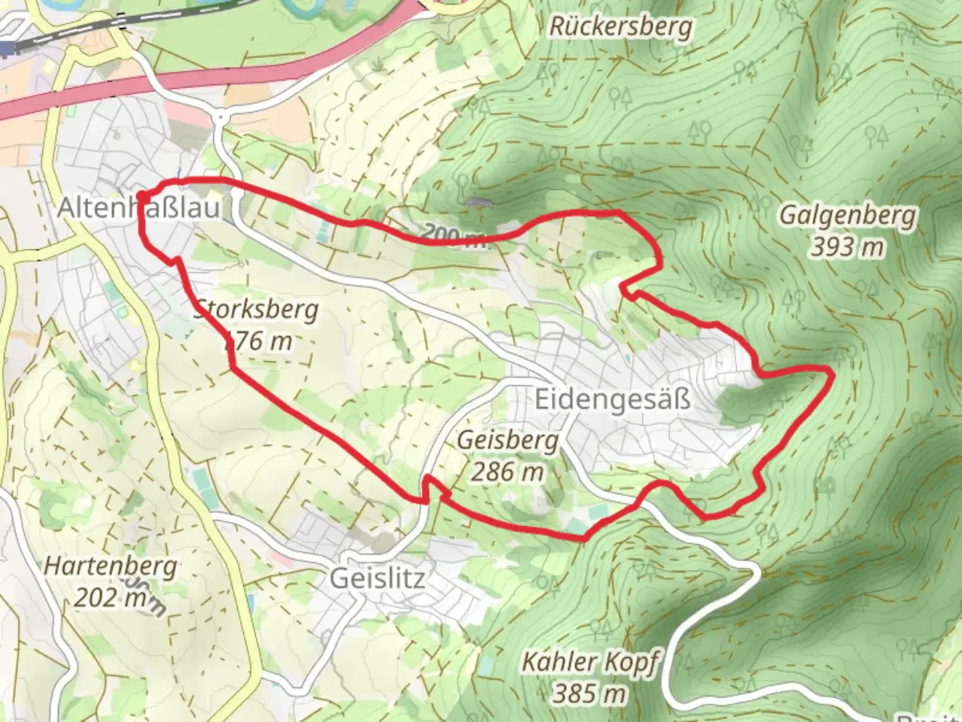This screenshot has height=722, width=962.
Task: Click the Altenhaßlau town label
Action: pos(138,208)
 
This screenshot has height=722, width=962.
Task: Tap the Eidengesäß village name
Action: pos(612,400)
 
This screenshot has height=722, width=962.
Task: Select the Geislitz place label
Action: pos(377,578)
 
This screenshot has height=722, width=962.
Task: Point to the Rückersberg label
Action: pos(621,27)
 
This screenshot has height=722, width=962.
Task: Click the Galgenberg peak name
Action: pos(848,216)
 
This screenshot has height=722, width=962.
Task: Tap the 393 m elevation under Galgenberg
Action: pos(848,247)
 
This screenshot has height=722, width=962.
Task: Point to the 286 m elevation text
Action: pos(508,472)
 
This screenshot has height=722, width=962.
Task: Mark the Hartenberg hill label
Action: pos(111,567)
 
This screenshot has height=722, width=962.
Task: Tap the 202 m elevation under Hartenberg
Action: pos(111,597)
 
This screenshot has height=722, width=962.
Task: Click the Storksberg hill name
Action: pos(257,310)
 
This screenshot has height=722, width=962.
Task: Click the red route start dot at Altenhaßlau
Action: pos(142,196)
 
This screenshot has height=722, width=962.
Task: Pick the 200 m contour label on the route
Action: pos(454,235)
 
